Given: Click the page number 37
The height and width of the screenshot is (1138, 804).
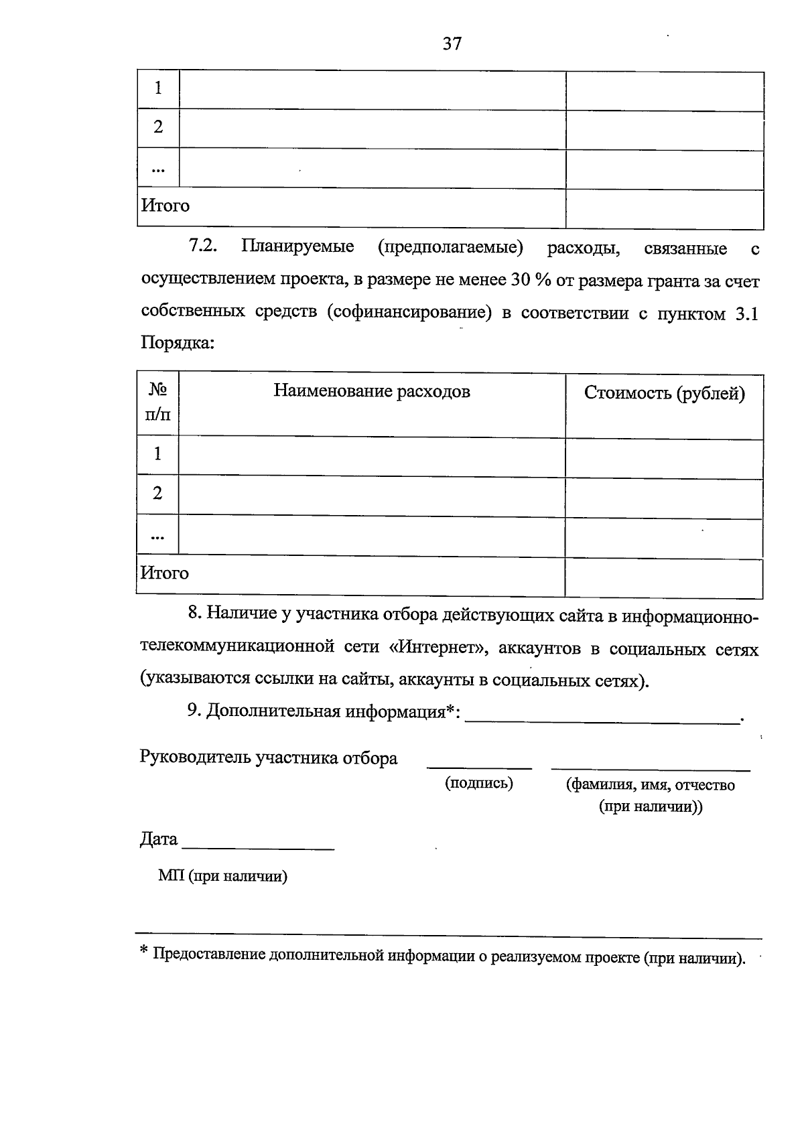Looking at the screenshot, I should pyautogui.click(x=452, y=44).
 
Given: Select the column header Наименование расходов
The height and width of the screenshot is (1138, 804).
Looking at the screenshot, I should pyautogui.click(x=371, y=391).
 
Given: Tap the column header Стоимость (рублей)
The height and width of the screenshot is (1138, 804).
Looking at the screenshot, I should pyautogui.click(x=664, y=393).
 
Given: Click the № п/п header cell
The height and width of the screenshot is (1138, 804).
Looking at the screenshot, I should pyautogui.click(x=157, y=402).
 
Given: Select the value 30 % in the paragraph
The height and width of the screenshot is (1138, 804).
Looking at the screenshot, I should pyautogui.click(x=531, y=281).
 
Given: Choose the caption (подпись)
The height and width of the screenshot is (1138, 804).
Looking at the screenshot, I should pyautogui.click(x=479, y=783).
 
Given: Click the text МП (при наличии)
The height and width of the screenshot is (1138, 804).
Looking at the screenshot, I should pyautogui.click(x=222, y=876).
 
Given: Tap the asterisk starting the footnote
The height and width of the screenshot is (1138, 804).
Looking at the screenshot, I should pyautogui.click(x=143, y=951).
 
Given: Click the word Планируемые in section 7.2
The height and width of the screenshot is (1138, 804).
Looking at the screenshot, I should pyautogui.click(x=297, y=246).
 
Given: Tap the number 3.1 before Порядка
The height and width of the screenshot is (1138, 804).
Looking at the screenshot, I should pyautogui.click(x=746, y=315).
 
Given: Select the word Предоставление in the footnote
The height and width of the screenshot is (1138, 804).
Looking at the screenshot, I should pyautogui.click(x=209, y=954).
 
